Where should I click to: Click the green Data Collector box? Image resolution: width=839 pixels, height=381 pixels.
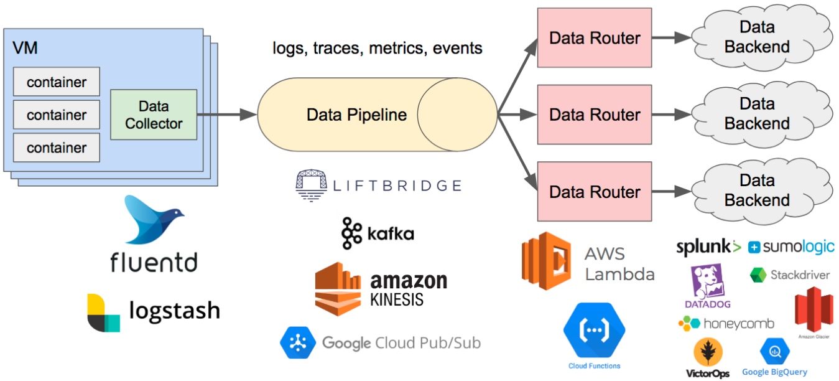click(x=154, y=115)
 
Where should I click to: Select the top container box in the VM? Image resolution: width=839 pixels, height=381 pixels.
click(x=57, y=82)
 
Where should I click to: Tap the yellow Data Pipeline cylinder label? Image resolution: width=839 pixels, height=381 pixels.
click(x=356, y=115)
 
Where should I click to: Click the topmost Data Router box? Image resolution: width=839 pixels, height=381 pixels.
click(x=594, y=38)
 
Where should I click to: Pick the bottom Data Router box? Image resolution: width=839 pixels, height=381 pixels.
click(x=594, y=192)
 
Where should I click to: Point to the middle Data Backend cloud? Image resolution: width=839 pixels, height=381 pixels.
click(x=757, y=114)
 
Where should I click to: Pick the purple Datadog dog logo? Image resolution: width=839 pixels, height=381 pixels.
click(x=708, y=282)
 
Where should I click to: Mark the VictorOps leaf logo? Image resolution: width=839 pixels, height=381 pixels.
click(x=707, y=353)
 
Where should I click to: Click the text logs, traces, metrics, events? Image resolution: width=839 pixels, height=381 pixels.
click(x=378, y=48)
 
